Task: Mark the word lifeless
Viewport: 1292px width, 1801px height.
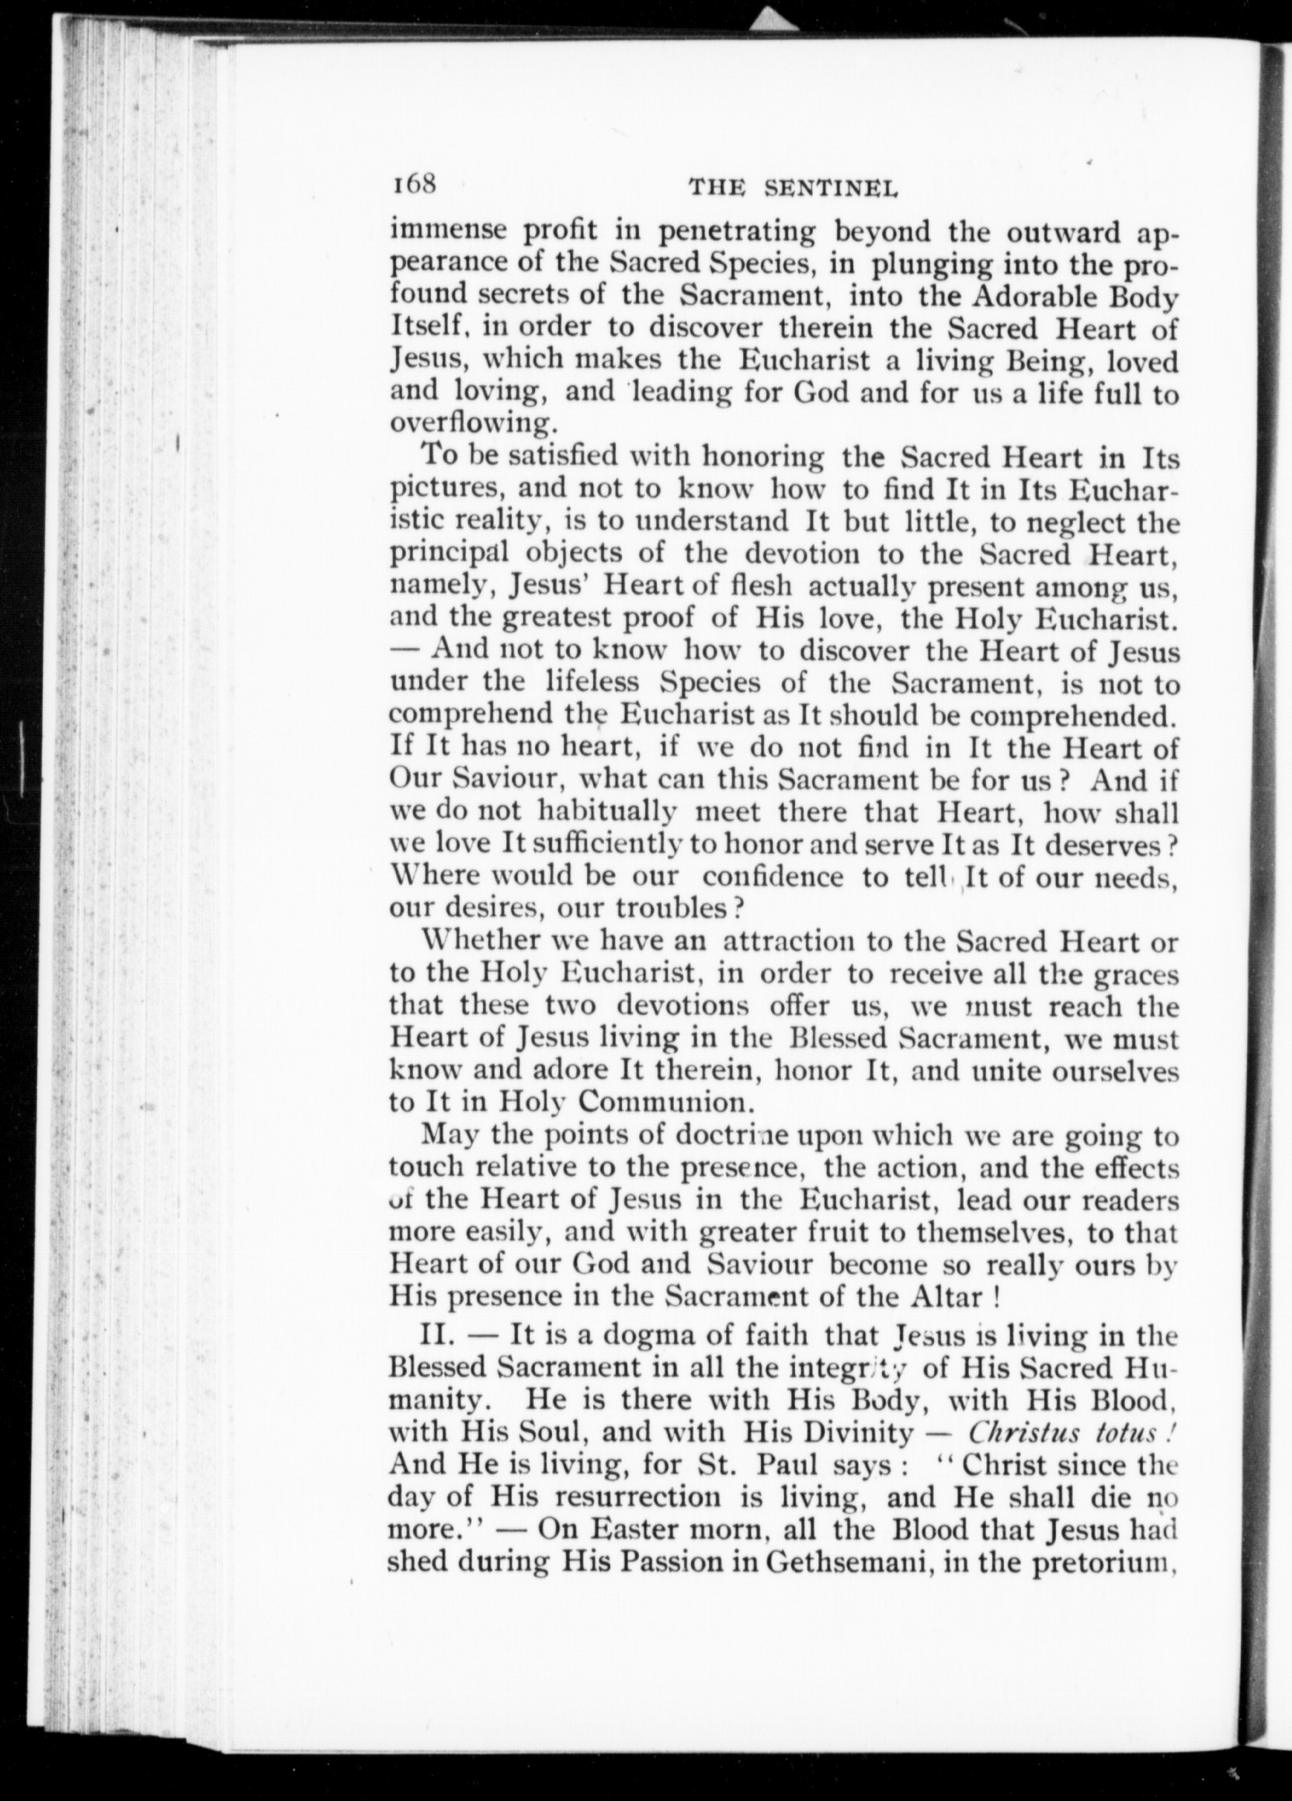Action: [x=592, y=682]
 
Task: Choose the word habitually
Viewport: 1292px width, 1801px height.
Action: [x=607, y=812]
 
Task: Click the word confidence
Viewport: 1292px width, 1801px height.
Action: [x=773, y=876]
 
